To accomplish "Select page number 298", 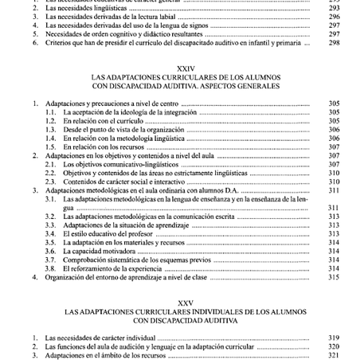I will point(334,42).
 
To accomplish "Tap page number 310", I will point(334,174).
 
